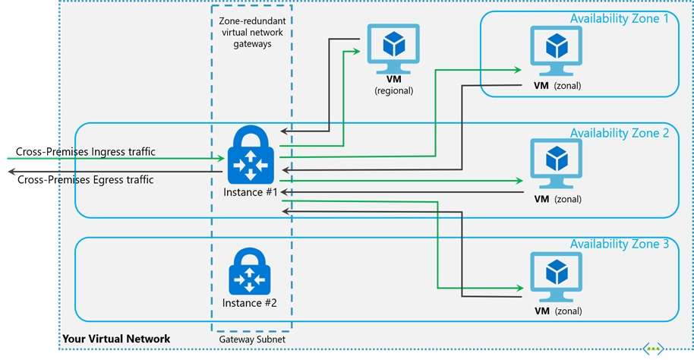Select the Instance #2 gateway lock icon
251,271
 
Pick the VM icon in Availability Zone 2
557,163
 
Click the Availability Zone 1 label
620,18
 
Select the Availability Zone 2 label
620,132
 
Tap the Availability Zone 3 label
620,245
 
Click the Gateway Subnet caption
251,339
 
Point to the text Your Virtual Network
116,338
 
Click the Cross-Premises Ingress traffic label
86,152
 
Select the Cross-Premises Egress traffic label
85,180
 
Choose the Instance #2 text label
250,303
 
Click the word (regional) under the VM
393,90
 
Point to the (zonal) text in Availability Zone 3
567,311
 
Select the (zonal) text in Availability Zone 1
567,86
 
